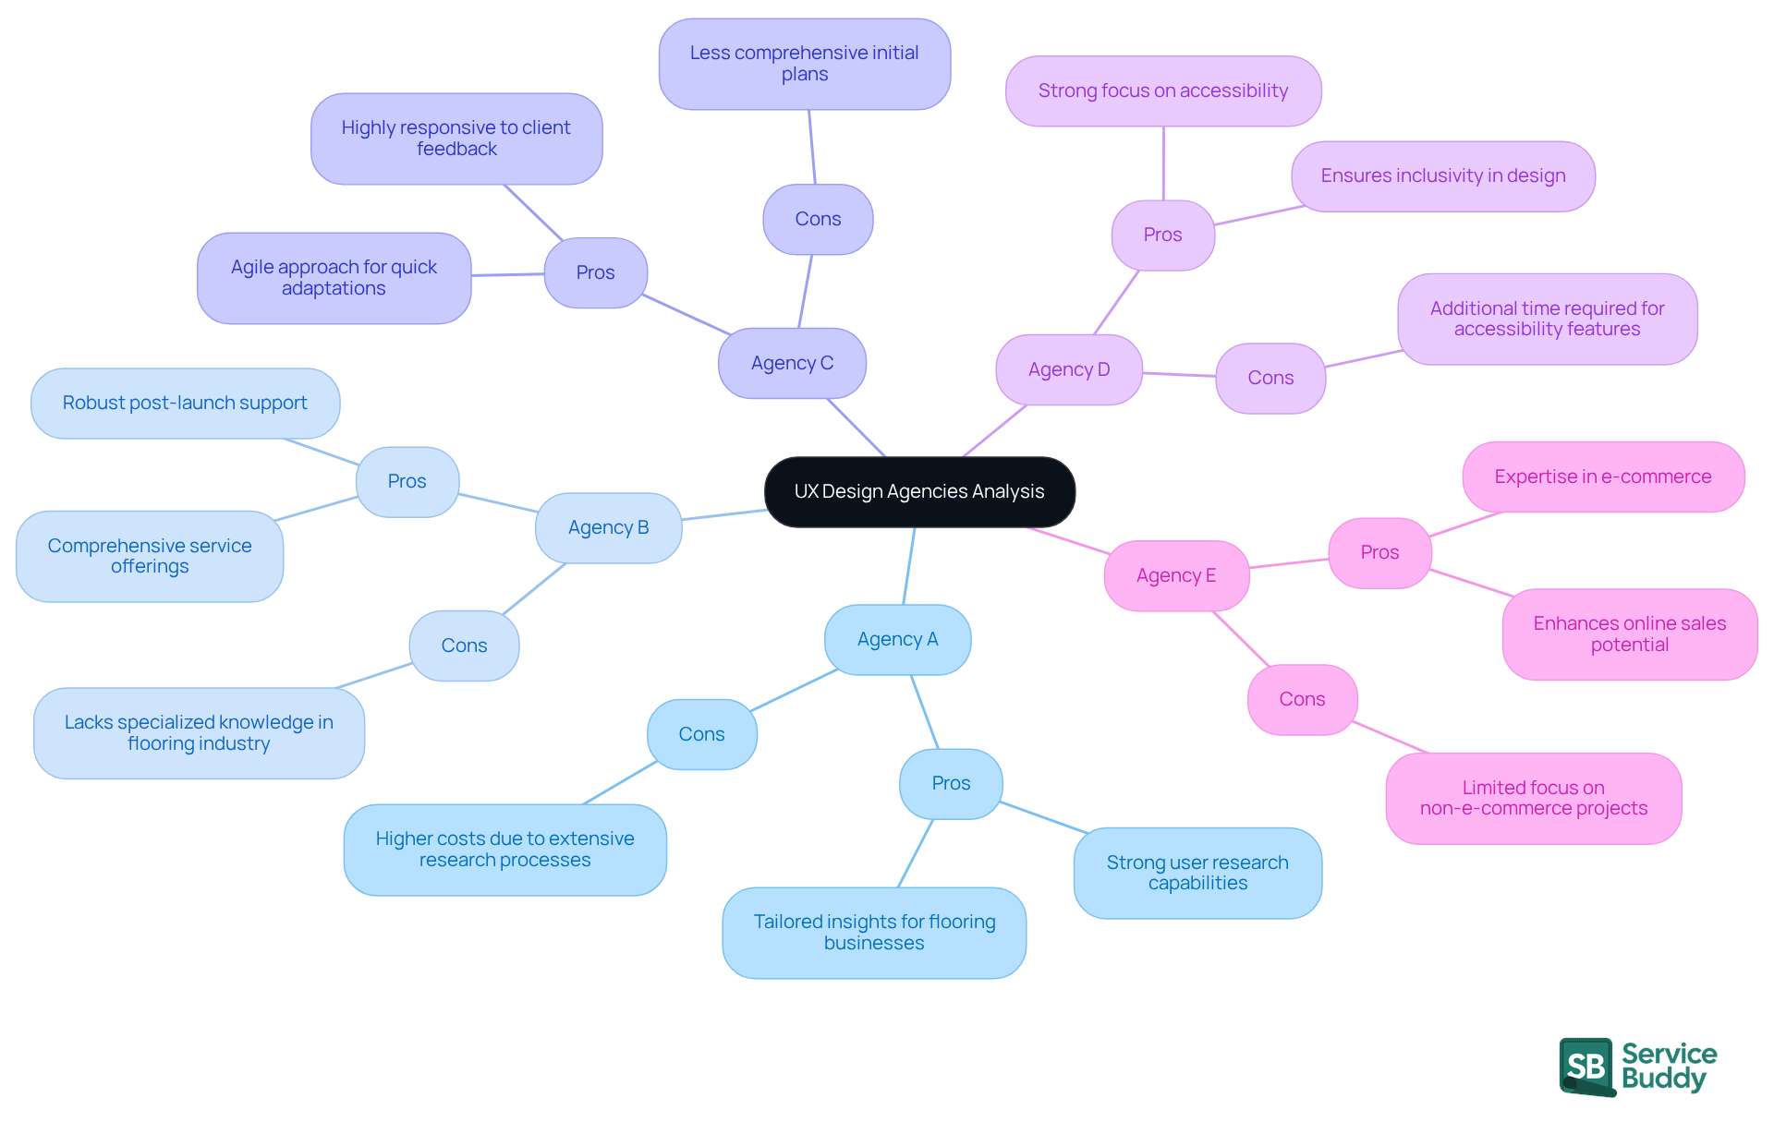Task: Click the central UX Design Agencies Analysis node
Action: [x=919, y=491]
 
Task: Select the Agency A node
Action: [x=897, y=639]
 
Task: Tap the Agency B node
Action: [x=608, y=527]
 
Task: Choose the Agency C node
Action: [x=792, y=363]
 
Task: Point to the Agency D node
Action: [x=1068, y=369]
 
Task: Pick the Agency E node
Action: [x=1175, y=575]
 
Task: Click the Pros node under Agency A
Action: [x=951, y=783]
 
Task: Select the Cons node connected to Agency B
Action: [x=464, y=645]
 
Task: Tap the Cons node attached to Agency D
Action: [x=1270, y=378]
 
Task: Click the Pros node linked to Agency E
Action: [x=1379, y=552]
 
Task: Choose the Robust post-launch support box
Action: [x=185, y=403]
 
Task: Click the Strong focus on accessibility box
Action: [x=1162, y=90]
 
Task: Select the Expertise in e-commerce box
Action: [x=1602, y=477]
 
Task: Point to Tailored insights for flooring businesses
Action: [x=874, y=932]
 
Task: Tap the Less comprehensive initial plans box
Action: [x=804, y=64]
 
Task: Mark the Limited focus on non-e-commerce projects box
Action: [x=1533, y=798]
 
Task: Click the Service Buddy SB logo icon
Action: [x=1586, y=1067]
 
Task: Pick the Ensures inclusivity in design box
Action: [x=1442, y=175]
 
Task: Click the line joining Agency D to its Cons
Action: [x=1179, y=374]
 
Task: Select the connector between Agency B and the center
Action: [x=723, y=514]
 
